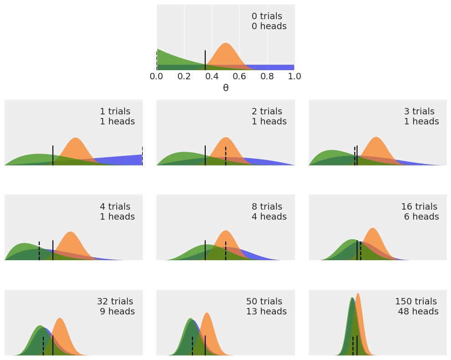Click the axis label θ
tap(226, 88)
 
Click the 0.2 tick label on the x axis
tap(184, 76)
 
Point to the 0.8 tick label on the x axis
tap(267, 76)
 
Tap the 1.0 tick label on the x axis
tap(295, 76)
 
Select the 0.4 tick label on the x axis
tap(212, 76)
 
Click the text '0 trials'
tap(267, 16)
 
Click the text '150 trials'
tap(416, 302)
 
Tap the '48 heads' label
tap(418, 312)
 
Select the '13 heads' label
tap(266, 312)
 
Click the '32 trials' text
tap(115, 302)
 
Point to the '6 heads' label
tap(421, 217)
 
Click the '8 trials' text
tap(267, 207)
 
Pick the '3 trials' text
tap(419, 112)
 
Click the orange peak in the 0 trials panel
tap(226, 44)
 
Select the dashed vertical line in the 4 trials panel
tap(39, 251)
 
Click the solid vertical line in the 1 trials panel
tap(53, 155)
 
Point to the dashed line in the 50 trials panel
tap(192, 346)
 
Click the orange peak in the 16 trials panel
tap(373, 229)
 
